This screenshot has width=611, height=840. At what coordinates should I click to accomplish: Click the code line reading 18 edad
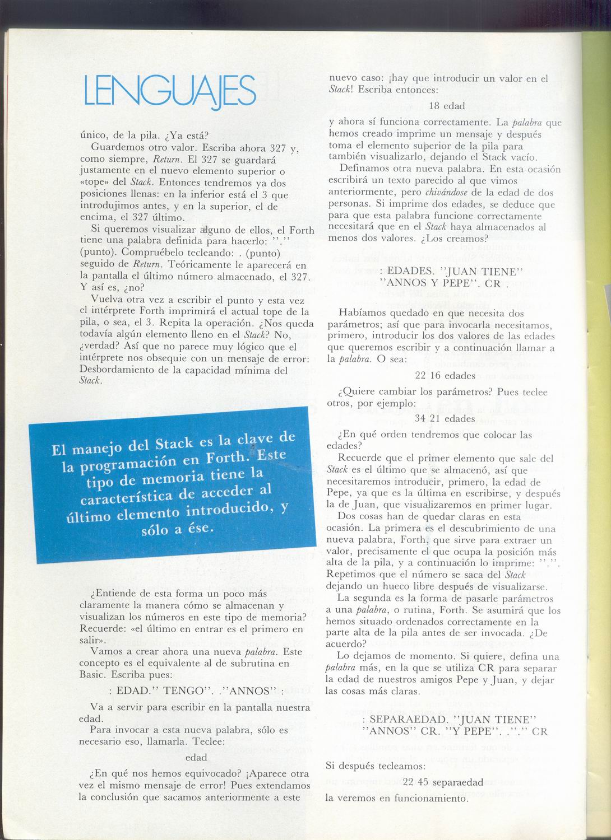click(x=447, y=105)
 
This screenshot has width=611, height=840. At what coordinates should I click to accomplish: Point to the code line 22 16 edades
click(x=445, y=376)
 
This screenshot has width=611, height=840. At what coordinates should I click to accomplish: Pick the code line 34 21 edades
click(x=445, y=418)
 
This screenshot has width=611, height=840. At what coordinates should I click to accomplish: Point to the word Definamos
click(x=363, y=169)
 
